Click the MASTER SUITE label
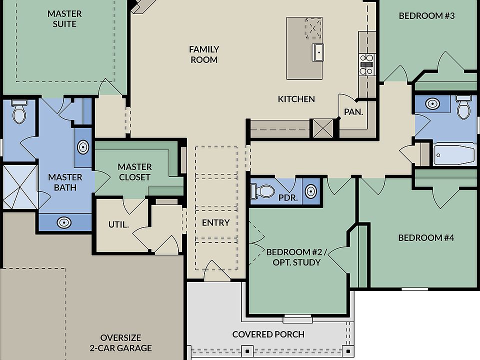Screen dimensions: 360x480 [64, 18]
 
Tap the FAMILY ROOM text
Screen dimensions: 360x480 [204, 54]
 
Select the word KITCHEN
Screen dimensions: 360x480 [296, 99]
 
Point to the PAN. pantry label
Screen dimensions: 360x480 [353, 112]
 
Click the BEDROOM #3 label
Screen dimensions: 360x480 [426, 15]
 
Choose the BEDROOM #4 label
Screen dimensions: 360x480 [426, 237]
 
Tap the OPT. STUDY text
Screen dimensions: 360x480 [293, 262]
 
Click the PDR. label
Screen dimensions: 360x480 [288, 197]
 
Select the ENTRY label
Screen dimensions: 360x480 [216, 222]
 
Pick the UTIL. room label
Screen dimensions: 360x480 [119, 224]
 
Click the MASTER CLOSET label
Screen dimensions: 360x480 [134, 171]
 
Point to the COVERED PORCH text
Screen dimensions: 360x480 [268, 334]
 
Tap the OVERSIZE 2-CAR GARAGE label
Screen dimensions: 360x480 [120, 342]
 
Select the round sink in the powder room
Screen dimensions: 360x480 [310, 191]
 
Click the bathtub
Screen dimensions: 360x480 [453, 155]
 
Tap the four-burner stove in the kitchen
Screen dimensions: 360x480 [367, 64]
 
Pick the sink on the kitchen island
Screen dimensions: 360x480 [318, 51]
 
